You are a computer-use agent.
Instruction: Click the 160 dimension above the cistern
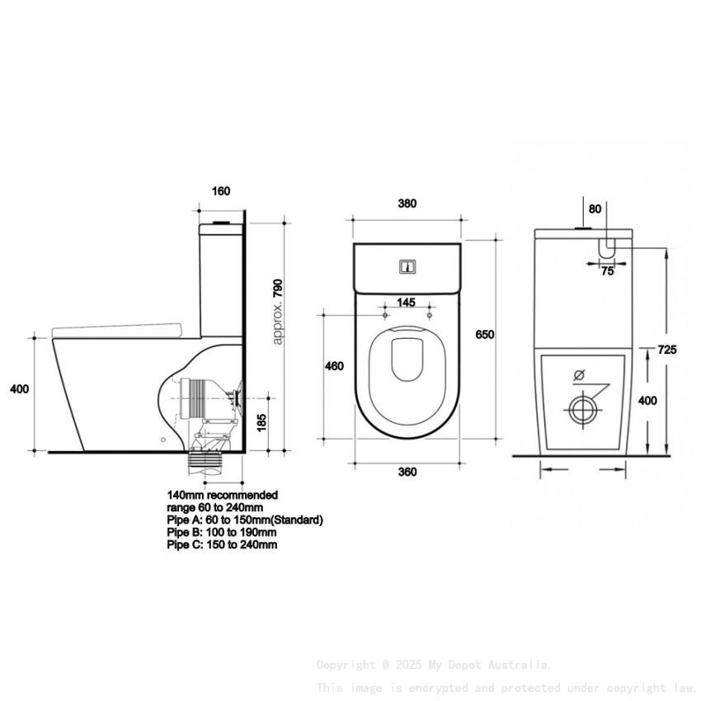[x=221, y=191]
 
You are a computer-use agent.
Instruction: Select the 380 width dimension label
[x=407, y=203]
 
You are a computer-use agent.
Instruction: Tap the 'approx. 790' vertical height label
[x=278, y=311]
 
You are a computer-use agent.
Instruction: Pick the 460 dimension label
[x=335, y=365]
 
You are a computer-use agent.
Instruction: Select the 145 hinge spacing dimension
[x=407, y=303]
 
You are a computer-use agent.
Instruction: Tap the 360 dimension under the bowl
[x=407, y=472]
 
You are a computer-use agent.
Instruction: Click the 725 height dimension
[x=668, y=350]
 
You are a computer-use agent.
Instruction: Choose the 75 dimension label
[x=607, y=271]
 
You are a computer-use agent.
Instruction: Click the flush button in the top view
[x=407, y=266]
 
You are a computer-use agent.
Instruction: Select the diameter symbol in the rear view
[x=579, y=374]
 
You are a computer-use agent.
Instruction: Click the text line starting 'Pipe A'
[x=244, y=520]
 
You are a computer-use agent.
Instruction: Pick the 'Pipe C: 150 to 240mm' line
[x=221, y=545]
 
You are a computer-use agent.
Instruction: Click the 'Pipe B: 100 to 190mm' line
[x=221, y=533]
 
